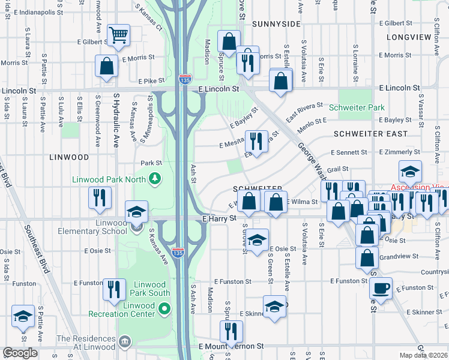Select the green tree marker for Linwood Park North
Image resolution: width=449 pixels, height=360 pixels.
point(155,178)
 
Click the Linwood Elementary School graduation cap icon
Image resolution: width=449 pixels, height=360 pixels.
point(136,211)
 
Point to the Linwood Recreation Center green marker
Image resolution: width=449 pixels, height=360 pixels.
point(163,308)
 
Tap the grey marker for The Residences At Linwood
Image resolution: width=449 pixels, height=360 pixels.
point(124,342)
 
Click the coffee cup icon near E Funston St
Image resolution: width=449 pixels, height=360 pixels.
point(381,287)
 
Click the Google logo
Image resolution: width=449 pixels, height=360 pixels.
point(20,352)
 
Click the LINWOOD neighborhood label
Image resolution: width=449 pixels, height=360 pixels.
point(69,157)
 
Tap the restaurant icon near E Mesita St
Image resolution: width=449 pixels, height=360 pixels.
point(256,142)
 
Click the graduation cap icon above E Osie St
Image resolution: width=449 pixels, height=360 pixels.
point(257,240)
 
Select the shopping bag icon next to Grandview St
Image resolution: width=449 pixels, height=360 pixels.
point(367,257)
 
